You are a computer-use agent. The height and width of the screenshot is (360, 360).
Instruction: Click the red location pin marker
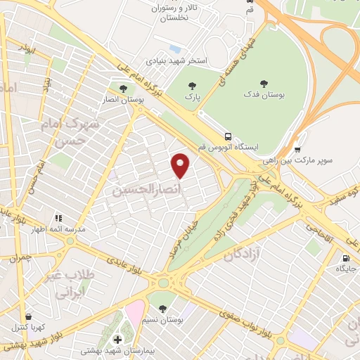coord(181,165)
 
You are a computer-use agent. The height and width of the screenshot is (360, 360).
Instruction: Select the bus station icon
coord(227,136)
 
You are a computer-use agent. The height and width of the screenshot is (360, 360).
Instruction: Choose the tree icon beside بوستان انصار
coord(124,89)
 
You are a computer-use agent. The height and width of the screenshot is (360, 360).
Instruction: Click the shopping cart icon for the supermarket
coord(297,149)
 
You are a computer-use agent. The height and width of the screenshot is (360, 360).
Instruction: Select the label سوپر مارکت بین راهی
coord(314,160)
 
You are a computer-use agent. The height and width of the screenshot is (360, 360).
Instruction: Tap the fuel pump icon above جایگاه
coord(345,258)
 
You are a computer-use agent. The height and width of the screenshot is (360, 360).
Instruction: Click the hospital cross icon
coord(117,340)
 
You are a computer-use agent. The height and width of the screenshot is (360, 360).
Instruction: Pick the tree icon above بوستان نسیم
coord(162,309)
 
